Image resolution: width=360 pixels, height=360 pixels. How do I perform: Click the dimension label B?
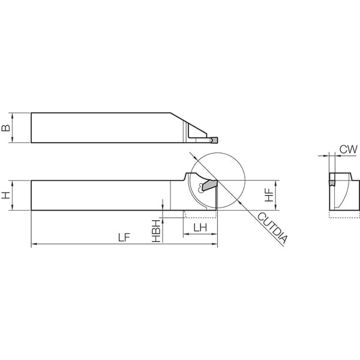pyautogui.click(x=6, y=128)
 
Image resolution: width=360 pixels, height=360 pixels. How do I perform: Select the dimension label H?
pyautogui.click(x=6, y=196)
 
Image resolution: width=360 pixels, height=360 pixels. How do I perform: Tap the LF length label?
pyautogui.click(x=124, y=238)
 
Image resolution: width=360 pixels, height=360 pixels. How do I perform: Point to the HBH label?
pyautogui.click(x=156, y=231)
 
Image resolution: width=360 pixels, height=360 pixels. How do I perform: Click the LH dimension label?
pyautogui.click(x=200, y=227)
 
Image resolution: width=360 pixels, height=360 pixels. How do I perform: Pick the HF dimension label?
pyautogui.click(x=269, y=195)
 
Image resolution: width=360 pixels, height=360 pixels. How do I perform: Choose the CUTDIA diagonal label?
pyautogui.click(x=272, y=227)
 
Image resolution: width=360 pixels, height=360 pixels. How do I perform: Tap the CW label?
pyautogui.click(x=348, y=149)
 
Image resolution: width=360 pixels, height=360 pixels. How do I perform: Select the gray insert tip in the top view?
pyautogui.click(x=214, y=140)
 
